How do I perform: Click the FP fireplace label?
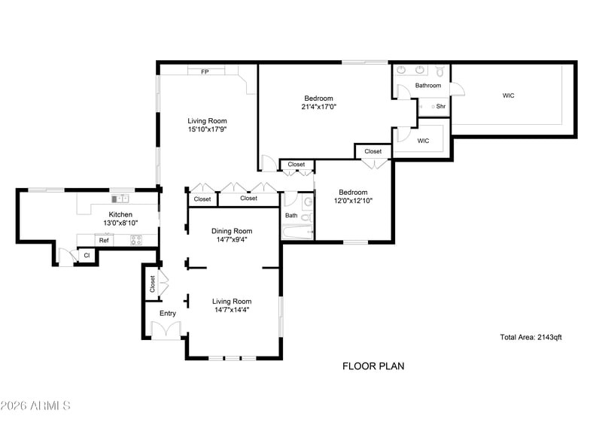[205, 71]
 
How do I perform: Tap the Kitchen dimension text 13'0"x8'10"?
[120, 223]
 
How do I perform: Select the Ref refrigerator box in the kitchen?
[104, 241]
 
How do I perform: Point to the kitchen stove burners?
[136, 241]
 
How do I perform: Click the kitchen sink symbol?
[120, 199]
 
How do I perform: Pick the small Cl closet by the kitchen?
[87, 255]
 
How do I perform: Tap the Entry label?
[168, 313]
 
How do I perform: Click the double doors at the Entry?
[166, 329]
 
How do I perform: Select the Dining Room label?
[232, 231]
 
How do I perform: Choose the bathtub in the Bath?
[297, 232]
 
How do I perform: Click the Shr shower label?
[441, 106]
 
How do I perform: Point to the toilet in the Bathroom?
[440, 71]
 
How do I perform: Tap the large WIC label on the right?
[509, 96]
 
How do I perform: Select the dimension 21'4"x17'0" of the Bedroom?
[318, 107]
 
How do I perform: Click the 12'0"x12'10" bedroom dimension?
[353, 200]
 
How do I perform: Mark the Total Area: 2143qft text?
[531, 337]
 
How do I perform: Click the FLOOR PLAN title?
[373, 366]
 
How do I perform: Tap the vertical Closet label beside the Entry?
[153, 284]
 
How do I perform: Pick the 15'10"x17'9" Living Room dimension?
[208, 129]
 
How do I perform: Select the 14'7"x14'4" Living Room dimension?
[232, 310]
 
